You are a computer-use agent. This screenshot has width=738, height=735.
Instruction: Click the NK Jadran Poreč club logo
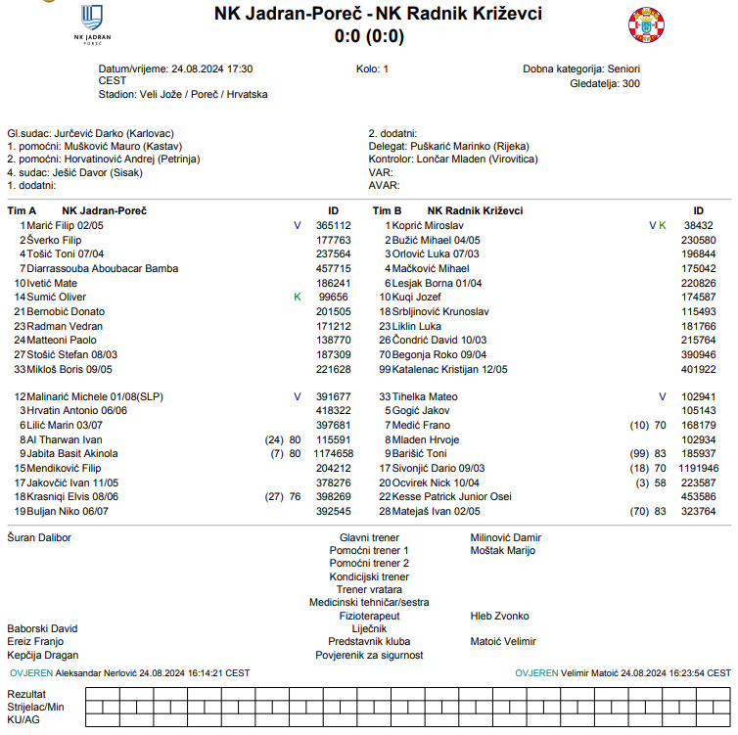click(x=93, y=24)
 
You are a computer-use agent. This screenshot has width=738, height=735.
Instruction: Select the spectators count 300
click(x=631, y=84)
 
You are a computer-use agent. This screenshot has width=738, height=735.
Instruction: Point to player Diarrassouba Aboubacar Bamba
click(x=102, y=268)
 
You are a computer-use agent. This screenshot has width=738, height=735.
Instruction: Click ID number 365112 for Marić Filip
click(x=333, y=225)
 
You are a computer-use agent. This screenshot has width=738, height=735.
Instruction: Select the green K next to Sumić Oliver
click(x=298, y=297)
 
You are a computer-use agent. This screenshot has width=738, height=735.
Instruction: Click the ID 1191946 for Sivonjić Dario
click(x=699, y=469)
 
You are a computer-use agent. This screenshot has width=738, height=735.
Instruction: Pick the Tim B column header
click(x=388, y=210)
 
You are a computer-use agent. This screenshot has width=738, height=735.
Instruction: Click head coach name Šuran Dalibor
click(x=39, y=537)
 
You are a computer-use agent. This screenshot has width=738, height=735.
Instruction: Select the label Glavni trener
click(x=369, y=537)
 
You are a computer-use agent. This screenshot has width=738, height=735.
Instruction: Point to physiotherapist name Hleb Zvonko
click(x=499, y=616)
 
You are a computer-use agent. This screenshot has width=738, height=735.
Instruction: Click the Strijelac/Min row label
click(x=35, y=707)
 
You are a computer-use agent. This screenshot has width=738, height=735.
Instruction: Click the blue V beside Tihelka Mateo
click(x=663, y=397)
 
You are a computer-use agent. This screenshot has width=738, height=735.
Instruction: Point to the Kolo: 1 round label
click(x=373, y=69)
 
